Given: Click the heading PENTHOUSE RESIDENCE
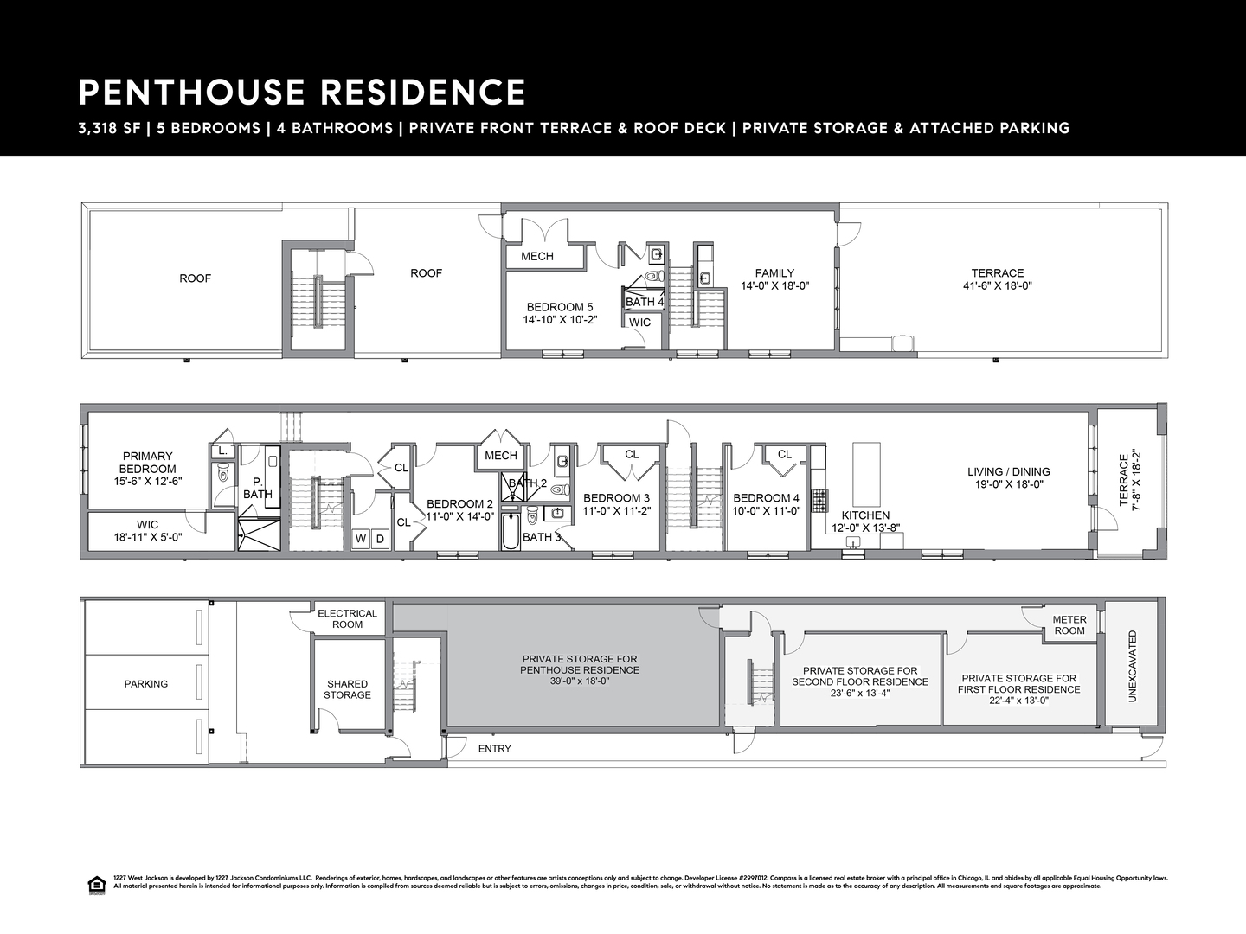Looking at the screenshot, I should pyautogui.click(x=302, y=93).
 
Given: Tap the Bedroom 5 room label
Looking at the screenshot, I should pyautogui.click(x=560, y=307).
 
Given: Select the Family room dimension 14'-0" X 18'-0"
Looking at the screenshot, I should pyautogui.click(x=774, y=285).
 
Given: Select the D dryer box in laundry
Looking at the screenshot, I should pyautogui.click(x=380, y=539).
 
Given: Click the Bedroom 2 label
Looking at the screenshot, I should pyautogui.click(x=459, y=504).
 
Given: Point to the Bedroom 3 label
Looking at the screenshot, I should pyautogui.click(x=616, y=498).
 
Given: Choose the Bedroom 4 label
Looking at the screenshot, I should pyautogui.click(x=766, y=498).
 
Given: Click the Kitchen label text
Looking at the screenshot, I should pyautogui.click(x=865, y=515).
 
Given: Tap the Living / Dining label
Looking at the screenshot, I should pyautogui.click(x=1009, y=472).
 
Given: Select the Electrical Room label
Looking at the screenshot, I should pyautogui.click(x=348, y=618).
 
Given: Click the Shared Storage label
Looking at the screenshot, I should pyautogui.click(x=348, y=689).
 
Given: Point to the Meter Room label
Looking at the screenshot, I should pyautogui.click(x=1069, y=625).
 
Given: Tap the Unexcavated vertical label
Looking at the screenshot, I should pyautogui.click(x=1133, y=666).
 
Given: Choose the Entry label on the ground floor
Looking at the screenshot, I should pyautogui.click(x=495, y=749).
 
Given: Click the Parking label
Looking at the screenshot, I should pyautogui.click(x=146, y=684).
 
